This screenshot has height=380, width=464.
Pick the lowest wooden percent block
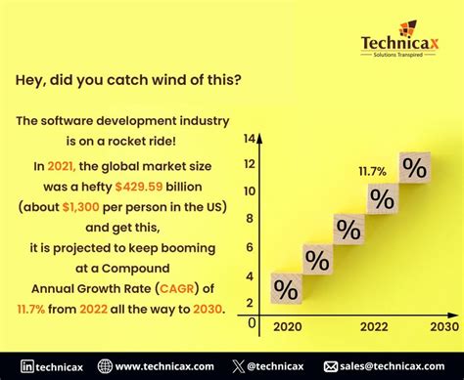pyautogui.click(x=286, y=289)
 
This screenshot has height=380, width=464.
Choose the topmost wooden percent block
pyautogui.click(x=414, y=167)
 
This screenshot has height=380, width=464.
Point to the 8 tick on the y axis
pyautogui.click(x=251, y=219)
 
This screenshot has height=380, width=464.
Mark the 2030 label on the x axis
pyautogui.click(x=441, y=326)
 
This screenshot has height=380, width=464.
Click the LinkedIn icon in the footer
pyautogui.click(x=28, y=366)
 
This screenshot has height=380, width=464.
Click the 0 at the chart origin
pyautogui.click(x=252, y=321)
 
